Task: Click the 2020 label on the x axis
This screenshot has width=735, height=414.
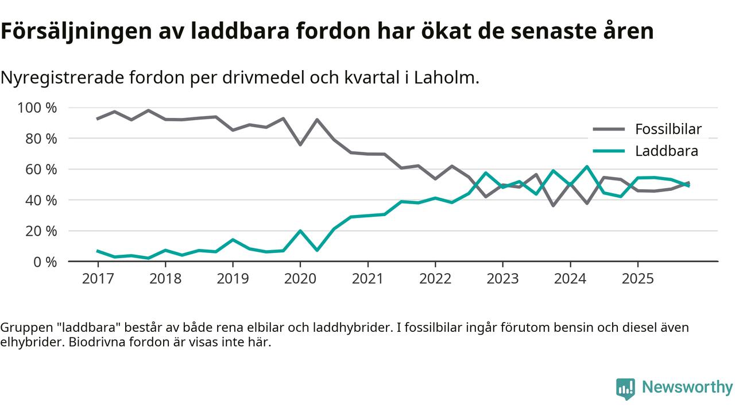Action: click(300, 279)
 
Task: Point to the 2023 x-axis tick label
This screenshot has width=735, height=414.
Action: click(502, 279)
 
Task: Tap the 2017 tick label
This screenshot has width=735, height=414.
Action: click(98, 279)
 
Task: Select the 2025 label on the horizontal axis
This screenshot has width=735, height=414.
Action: click(637, 279)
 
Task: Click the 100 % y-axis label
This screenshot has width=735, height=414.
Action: click(37, 108)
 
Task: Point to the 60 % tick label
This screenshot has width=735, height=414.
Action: click(41, 170)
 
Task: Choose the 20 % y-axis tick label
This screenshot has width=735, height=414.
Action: click(41, 231)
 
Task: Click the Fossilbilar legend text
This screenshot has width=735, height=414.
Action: click(668, 129)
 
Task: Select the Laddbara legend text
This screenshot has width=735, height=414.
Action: click(667, 151)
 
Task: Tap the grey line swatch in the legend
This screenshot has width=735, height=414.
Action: click(608, 129)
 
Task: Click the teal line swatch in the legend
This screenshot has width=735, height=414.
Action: click(608, 151)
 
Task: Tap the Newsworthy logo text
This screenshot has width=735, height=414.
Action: click(687, 387)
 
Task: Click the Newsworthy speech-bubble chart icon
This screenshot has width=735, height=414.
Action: click(625, 388)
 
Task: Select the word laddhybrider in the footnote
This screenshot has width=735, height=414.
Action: click(350, 328)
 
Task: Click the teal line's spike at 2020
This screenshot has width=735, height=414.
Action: click(300, 231)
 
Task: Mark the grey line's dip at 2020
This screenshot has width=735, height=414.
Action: click(300, 144)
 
